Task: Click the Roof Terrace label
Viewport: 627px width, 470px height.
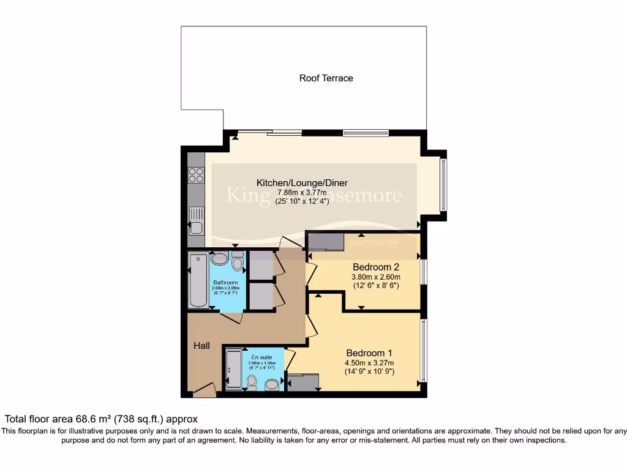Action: pyautogui.click(x=326, y=78)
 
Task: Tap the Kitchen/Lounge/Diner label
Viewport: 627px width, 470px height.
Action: pyautogui.click(x=302, y=182)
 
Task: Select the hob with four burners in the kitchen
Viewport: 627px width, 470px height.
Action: pyautogui.click(x=196, y=176)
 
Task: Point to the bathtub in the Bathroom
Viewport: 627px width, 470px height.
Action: pyautogui.click(x=198, y=280)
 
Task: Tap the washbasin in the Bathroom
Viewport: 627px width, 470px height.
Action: pyautogui.click(x=219, y=258)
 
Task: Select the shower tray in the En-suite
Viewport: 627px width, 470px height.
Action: pyautogui.click(x=234, y=368)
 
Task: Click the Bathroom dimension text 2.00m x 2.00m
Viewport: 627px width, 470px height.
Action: pyautogui.click(x=226, y=288)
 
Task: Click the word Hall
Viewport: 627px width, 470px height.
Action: pyautogui.click(x=201, y=346)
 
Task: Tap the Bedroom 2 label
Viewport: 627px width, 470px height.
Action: pyautogui.click(x=376, y=267)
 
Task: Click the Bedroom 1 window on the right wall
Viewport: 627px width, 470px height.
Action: pyautogui.click(x=422, y=349)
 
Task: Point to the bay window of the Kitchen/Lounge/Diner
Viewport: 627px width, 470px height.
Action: pyautogui.click(x=444, y=184)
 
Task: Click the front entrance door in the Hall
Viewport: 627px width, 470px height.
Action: pyautogui.click(x=204, y=390)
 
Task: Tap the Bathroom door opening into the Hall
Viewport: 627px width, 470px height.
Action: pyautogui.click(x=231, y=316)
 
